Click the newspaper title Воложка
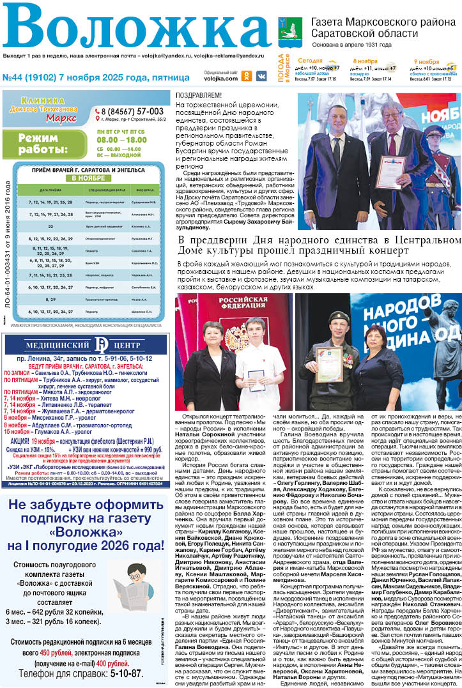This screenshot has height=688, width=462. [x=137, y=27]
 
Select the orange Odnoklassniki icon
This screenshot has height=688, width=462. [x=247, y=75]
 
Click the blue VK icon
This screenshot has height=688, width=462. [x=261, y=75]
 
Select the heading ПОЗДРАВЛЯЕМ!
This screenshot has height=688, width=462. [x=199, y=95]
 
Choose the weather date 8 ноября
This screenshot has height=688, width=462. [x=365, y=61]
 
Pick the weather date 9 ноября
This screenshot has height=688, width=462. [x=422, y=61]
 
